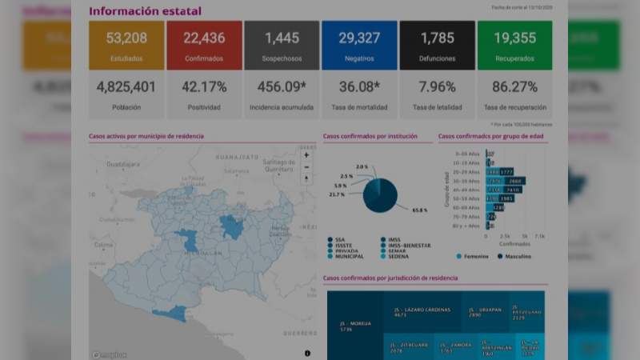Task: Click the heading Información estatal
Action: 145,11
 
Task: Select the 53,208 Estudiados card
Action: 126,45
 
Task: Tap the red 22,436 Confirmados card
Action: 204,45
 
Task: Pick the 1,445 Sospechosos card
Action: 282,45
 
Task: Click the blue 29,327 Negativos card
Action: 359,45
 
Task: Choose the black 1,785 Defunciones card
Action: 437,45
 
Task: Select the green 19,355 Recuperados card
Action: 514,45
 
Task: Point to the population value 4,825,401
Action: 126,86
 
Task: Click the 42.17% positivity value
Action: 204,86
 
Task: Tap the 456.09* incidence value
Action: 282,86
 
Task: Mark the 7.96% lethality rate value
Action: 437,86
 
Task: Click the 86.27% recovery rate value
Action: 514,86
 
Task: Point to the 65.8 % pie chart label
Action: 419,210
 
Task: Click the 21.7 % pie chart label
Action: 337,194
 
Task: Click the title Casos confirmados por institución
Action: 370,137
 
